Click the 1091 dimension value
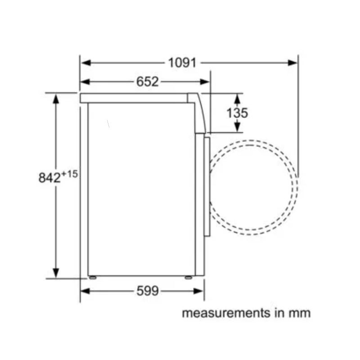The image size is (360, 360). tap(182, 63)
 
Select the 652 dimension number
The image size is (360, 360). tap(148, 81)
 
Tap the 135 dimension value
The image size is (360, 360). tap(237, 112)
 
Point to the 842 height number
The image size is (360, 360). tap(49, 178)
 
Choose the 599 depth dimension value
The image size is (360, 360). tap(148, 291)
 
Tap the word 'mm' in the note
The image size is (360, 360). tap(300, 313)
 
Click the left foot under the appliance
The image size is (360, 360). tap(92, 278)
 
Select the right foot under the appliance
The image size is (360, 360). tap(188, 278)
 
